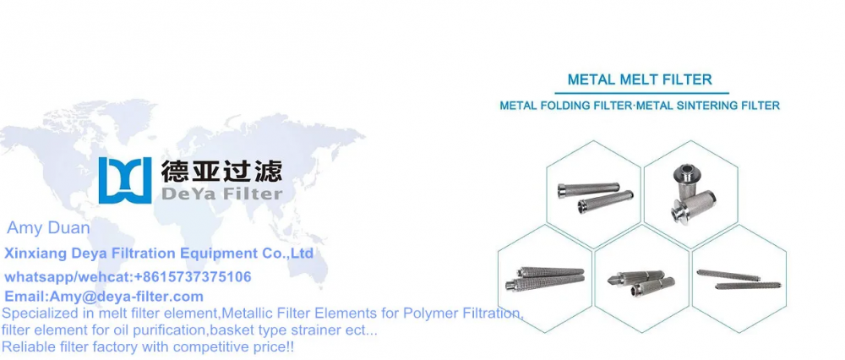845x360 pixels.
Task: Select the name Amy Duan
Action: [48, 228]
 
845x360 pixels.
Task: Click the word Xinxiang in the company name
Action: [31, 253]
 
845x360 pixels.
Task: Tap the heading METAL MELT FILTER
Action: [640, 79]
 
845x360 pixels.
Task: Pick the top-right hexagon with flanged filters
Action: [690, 194]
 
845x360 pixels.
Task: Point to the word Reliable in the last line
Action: [28, 346]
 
